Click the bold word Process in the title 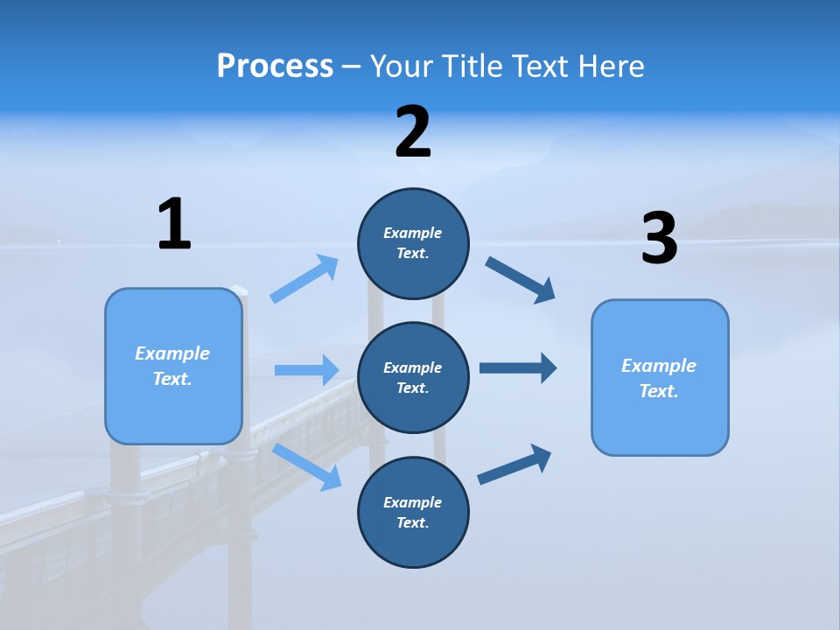[x=275, y=66]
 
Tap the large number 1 [x=174, y=224]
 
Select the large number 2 [x=413, y=132]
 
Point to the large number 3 [x=659, y=239]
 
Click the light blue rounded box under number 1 [x=173, y=366]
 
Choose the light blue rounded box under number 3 [x=660, y=377]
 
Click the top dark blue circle [x=413, y=243]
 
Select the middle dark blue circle [x=413, y=377]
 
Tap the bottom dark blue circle [x=413, y=512]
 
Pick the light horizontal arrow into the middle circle [x=306, y=370]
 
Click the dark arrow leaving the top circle [x=521, y=279]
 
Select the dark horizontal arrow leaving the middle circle [x=518, y=368]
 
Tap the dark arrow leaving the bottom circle [x=514, y=465]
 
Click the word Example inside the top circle [x=413, y=233]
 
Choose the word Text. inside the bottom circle [x=413, y=522]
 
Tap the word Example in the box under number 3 [x=659, y=366]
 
